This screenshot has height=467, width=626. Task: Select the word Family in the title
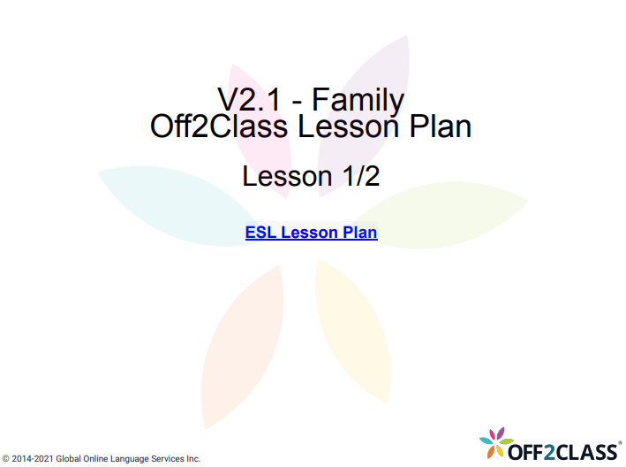pyautogui.click(x=358, y=98)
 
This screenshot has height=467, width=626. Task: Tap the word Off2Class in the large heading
pyautogui.click(x=219, y=126)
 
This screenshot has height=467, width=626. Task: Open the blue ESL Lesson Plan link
pyautogui.click(x=311, y=233)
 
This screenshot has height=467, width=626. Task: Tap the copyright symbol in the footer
pyautogui.click(x=6, y=459)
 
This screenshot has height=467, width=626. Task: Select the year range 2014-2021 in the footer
pyautogui.click(x=34, y=459)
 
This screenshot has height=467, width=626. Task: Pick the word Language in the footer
pyautogui.click(x=125, y=459)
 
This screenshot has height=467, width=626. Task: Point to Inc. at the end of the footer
pyautogui.click(x=193, y=459)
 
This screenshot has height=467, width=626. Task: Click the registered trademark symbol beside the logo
pyautogui.click(x=619, y=441)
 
